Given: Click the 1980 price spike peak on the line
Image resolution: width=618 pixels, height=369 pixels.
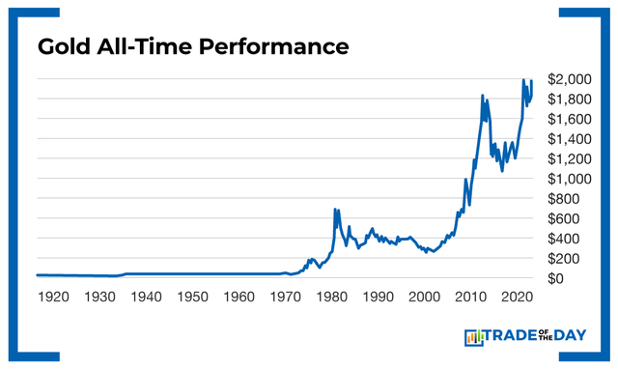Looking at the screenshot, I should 335,209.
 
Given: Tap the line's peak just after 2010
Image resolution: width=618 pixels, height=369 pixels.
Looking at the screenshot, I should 483,95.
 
